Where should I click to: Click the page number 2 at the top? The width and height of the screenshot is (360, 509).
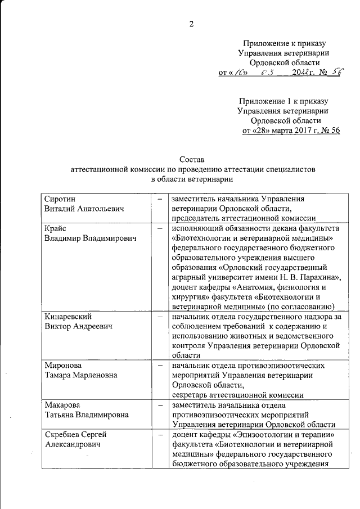click(192, 23)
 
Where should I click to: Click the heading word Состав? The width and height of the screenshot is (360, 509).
click(192, 160)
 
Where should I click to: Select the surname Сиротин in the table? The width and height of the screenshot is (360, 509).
click(60, 199)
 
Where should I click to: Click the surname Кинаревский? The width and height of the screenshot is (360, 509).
click(69, 317)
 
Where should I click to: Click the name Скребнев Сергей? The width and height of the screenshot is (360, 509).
click(76, 435)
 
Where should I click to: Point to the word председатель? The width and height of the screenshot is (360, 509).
click(199, 219)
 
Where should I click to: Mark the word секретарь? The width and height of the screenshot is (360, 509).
click(193, 395)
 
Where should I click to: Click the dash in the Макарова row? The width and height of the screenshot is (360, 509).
click(160, 405)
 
